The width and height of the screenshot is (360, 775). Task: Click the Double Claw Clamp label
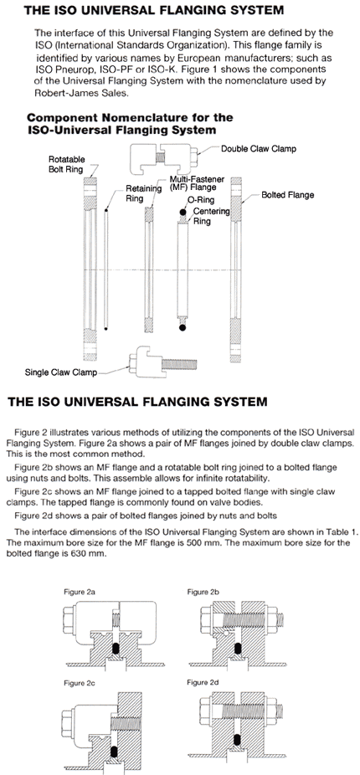[259, 148]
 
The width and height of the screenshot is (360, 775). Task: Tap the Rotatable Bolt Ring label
[67, 165]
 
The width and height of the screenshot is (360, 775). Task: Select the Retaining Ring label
[143, 193]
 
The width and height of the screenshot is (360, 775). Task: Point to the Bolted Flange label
[287, 195]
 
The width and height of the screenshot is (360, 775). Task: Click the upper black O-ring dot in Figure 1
[183, 212]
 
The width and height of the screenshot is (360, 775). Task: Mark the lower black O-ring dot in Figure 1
[183, 326]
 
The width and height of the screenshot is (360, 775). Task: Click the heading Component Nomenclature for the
[130, 118]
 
